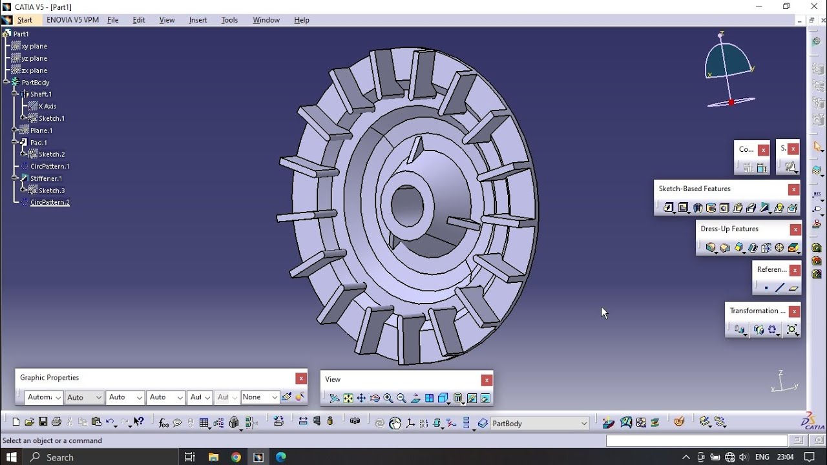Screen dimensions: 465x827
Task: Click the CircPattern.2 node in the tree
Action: coord(49,202)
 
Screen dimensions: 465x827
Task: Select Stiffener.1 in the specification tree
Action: coord(46,178)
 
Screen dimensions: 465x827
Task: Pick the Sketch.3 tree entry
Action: coord(52,191)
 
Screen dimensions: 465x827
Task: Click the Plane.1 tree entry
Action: coord(41,130)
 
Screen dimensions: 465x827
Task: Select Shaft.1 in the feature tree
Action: coord(41,94)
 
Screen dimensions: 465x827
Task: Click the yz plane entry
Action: coord(34,58)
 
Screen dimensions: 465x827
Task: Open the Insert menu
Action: coord(198,20)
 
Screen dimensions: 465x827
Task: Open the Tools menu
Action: coord(229,20)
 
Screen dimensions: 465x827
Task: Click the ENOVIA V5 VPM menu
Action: coord(72,20)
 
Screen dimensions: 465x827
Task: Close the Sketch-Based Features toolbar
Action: coord(793,189)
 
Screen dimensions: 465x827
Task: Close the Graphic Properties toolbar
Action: coord(300,378)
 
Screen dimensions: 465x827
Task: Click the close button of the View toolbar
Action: coord(487,380)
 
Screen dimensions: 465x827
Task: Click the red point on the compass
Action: coord(731,102)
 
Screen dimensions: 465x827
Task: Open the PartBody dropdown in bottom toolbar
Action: coord(584,424)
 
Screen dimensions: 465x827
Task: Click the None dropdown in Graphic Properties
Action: coord(260,397)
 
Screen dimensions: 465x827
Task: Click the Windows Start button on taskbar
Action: coord(11,457)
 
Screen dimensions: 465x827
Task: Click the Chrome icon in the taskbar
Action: coord(236,457)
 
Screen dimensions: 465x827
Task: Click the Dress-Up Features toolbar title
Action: coord(729,229)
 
